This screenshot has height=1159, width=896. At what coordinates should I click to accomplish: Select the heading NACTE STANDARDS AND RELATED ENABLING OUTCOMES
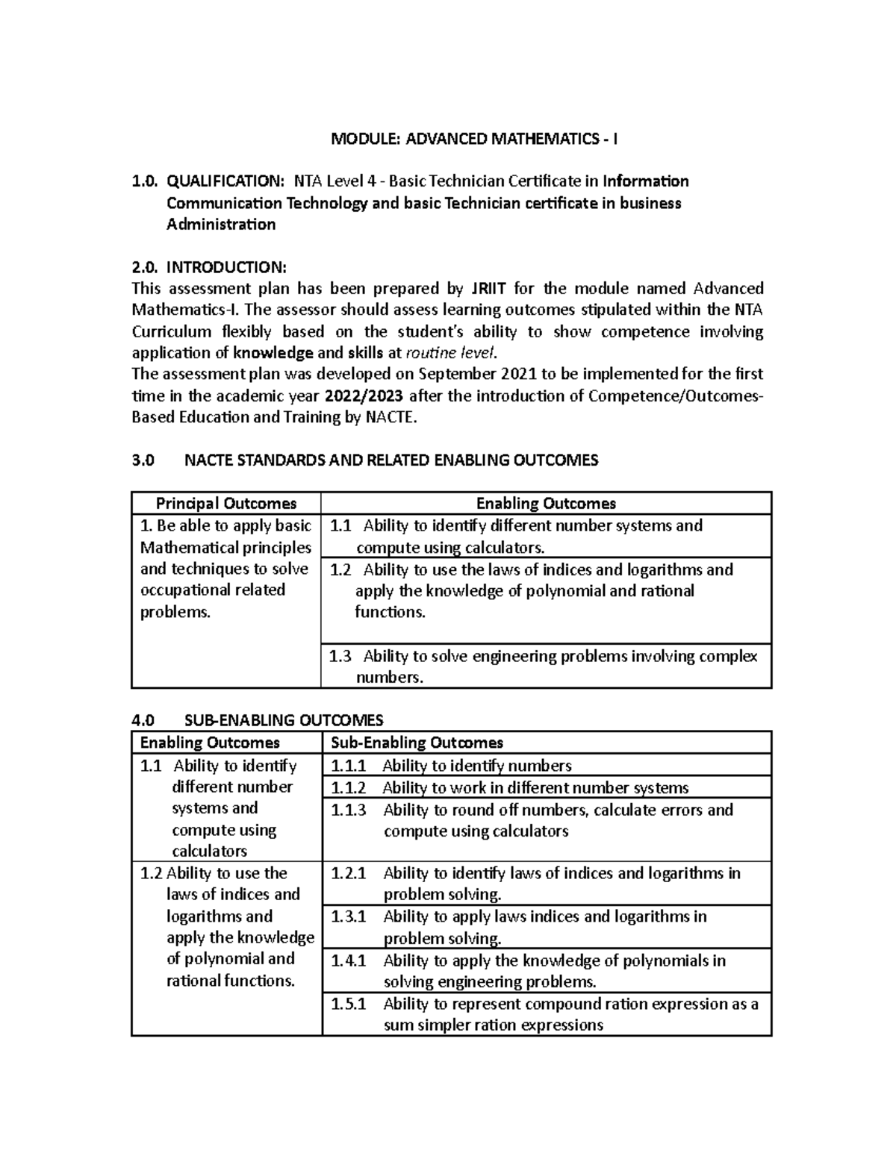click(x=391, y=460)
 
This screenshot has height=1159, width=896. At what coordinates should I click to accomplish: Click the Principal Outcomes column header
click(x=225, y=504)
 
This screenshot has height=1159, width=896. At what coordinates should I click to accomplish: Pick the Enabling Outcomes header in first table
click(x=546, y=504)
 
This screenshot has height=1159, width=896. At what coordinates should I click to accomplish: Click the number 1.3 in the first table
click(x=340, y=657)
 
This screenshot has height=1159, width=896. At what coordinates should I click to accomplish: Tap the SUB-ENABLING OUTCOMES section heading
click(x=283, y=720)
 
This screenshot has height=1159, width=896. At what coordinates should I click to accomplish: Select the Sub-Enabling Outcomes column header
click(x=417, y=743)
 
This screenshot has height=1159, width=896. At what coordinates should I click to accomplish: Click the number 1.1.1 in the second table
click(x=349, y=766)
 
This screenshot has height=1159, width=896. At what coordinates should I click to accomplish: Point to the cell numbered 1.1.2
click(x=349, y=788)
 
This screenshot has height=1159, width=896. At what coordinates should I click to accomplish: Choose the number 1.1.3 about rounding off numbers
click(x=349, y=810)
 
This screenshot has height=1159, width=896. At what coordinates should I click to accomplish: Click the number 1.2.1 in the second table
click(x=349, y=873)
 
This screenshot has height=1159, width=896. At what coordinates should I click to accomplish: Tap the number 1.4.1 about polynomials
click(x=349, y=961)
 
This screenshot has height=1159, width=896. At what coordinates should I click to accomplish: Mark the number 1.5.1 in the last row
click(x=349, y=1005)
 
